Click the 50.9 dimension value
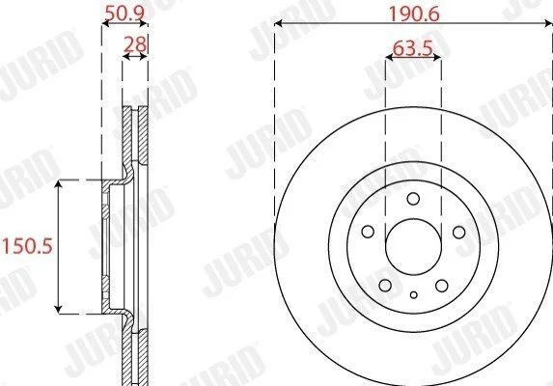(124, 14)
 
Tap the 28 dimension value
(135, 44)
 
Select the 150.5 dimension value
(28, 246)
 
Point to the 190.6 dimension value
(414, 14)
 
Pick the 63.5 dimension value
(413, 48)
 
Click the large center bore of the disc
(414, 247)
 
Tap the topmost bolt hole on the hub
(413, 199)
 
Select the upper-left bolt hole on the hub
(368, 232)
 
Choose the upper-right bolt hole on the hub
(458, 232)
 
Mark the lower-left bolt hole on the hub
(385, 286)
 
